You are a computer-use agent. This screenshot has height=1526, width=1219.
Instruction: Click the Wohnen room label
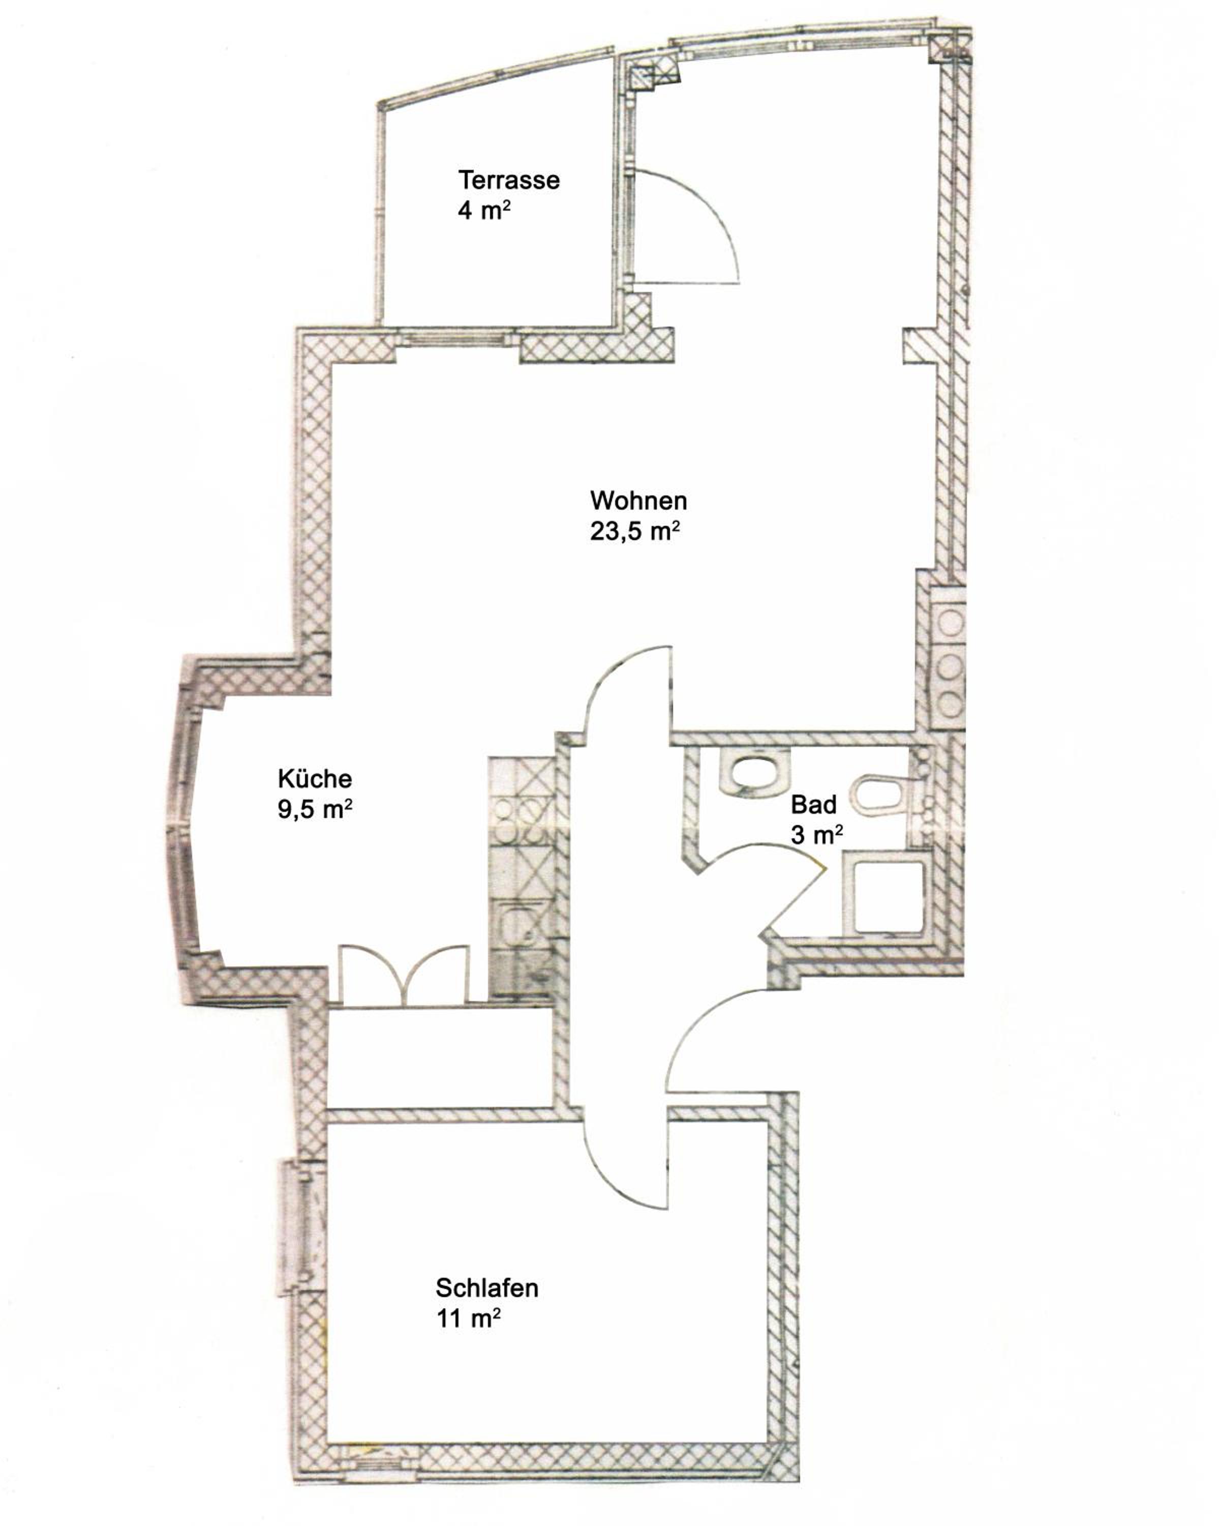coord(638,501)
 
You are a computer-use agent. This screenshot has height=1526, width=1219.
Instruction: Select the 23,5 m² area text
coord(634,531)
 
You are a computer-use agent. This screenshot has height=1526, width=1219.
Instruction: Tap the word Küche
coord(315,779)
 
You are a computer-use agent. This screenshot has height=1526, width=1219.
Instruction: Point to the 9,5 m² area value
coord(315,809)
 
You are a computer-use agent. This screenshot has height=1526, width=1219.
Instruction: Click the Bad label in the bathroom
coord(814,804)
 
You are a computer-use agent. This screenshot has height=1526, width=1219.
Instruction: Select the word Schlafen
coord(487,1287)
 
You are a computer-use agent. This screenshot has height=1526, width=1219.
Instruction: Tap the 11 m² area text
coord(468,1318)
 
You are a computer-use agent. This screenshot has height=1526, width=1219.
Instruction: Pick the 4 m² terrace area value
coord(484,210)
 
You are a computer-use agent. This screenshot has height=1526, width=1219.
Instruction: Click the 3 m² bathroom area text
coord(816,835)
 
